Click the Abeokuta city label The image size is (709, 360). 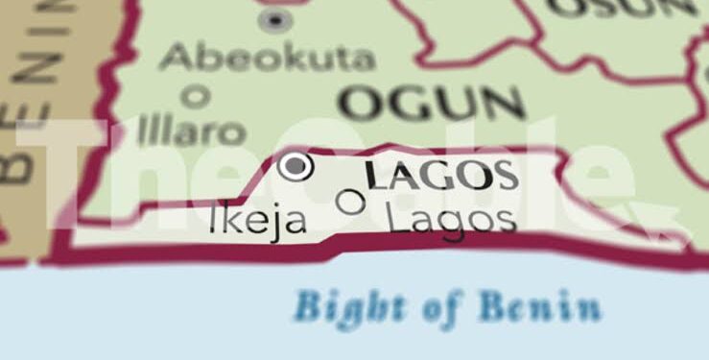coord(267,58)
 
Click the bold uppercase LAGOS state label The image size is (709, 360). coord(442,176)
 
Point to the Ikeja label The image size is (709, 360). coord(258,221)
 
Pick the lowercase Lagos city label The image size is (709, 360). coord(451,219)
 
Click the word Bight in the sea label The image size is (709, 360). coord(341,307)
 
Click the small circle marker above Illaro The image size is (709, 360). coord(196,95)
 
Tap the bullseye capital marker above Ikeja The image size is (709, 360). coord(295,167)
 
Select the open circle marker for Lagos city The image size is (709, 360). coord(352,202)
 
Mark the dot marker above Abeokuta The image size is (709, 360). coord(275,18)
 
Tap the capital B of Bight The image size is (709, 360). coord(308,307)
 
